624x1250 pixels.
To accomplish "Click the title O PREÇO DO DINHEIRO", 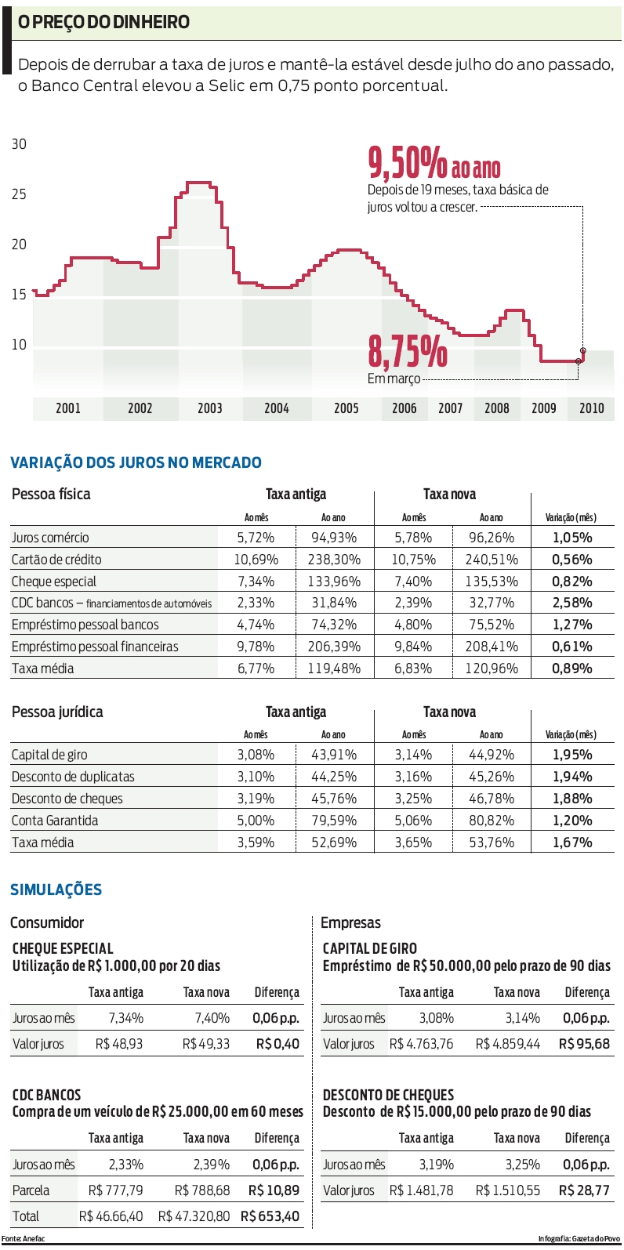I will click(103, 22).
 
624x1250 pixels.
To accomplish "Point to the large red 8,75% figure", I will click(408, 352).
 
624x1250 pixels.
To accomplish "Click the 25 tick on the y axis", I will click(19, 194).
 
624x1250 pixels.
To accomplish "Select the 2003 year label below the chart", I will click(209, 408).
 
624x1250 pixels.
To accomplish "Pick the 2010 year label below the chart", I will click(591, 408).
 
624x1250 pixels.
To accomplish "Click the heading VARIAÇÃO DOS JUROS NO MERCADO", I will click(136, 462).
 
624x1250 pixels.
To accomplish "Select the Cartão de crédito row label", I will click(56, 560).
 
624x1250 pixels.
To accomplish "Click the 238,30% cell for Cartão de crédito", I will click(335, 560).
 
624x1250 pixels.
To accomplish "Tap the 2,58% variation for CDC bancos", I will click(571, 603).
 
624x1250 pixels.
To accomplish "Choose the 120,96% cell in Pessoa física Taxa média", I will click(492, 668).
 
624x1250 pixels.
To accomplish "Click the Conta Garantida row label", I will click(55, 821).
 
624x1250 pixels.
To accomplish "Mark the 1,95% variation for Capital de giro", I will click(571, 755).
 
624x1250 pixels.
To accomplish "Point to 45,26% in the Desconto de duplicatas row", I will click(492, 777).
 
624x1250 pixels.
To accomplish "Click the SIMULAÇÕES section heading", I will click(56, 889).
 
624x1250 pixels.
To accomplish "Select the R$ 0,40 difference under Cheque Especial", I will click(278, 1044).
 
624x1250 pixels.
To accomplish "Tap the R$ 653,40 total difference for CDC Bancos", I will click(270, 1216).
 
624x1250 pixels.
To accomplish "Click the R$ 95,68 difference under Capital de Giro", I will click(584, 1044).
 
